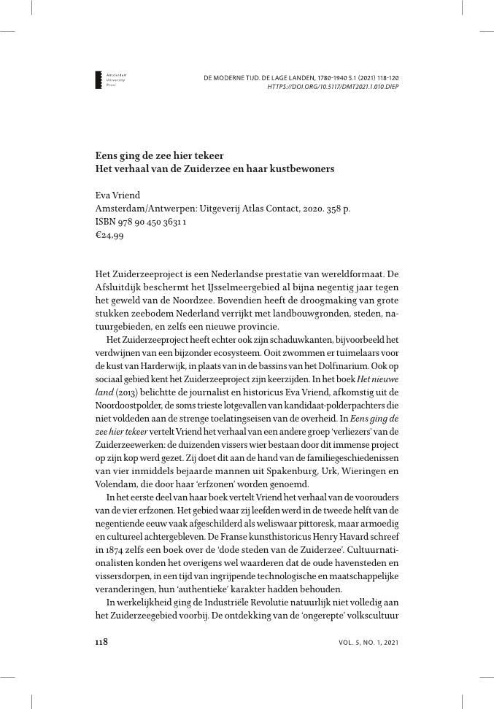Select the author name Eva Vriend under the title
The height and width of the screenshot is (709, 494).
point(117,195)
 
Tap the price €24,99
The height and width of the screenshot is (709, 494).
point(109,235)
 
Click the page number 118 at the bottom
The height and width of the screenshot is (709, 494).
point(103,642)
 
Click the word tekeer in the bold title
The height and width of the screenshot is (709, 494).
point(205,155)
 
